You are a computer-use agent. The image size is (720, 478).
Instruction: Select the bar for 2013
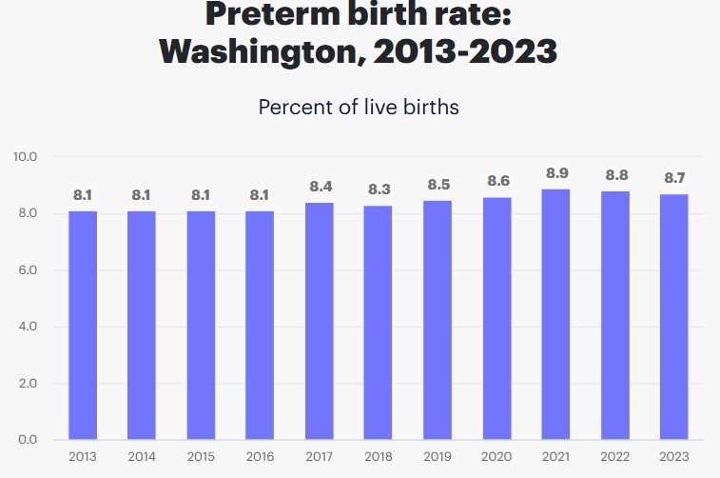pos(83,325)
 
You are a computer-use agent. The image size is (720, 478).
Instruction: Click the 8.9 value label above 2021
pos(557,173)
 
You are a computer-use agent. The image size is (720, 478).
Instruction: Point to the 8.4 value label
pos(320,188)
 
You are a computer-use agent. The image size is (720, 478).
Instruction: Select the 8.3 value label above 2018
pos(379,190)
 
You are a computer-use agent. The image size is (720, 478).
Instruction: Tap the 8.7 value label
pos(674,179)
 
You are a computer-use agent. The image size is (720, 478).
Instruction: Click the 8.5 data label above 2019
pos(438,185)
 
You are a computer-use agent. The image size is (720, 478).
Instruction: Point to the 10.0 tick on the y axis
pos(25,156)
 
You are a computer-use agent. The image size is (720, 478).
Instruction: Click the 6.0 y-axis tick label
pos(26,270)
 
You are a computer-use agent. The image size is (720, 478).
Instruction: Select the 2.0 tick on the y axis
pos(26,384)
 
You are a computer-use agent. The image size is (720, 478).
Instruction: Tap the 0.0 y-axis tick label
pos(26,440)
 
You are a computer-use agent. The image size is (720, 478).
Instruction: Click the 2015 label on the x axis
pos(201,456)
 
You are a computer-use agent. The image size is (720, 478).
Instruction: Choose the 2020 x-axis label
pos(497,456)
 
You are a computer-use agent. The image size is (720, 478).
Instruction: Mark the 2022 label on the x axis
pos(615,456)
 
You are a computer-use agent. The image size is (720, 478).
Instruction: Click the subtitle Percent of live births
pos(359,107)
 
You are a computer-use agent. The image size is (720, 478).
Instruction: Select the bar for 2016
pos(260,325)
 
